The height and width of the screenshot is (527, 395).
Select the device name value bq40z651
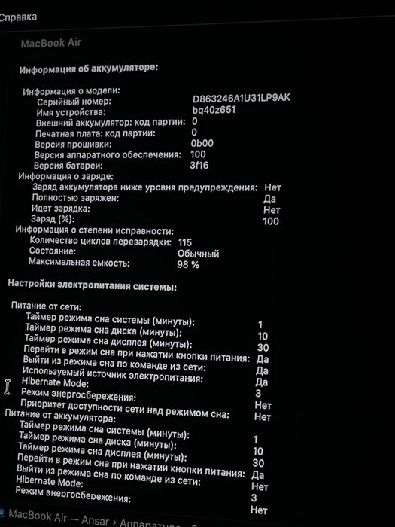pyautogui.click(x=214, y=110)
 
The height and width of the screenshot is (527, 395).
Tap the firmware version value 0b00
pyautogui.click(x=202, y=143)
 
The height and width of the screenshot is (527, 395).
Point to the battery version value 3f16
pyautogui.click(x=199, y=165)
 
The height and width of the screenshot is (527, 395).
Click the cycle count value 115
pyautogui.click(x=185, y=242)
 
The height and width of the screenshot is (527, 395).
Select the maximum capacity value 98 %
pyautogui.click(x=188, y=264)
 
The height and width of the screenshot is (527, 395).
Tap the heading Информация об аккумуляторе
pyautogui.click(x=89, y=69)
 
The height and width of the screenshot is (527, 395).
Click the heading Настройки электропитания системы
pyautogui.click(x=93, y=286)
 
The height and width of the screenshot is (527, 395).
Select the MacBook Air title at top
pyautogui.click(x=50, y=43)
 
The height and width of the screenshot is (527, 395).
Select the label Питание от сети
pyautogui.click(x=47, y=306)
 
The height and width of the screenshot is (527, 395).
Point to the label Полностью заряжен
pyautogui.click(x=74, y=197)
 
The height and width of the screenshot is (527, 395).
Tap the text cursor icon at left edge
pyautogui.click(x=8, y=386)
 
